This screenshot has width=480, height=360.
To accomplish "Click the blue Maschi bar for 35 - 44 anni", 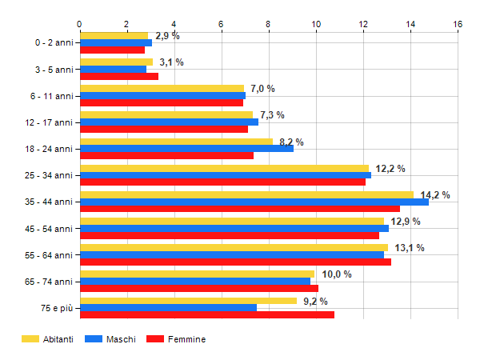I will pos(254,202).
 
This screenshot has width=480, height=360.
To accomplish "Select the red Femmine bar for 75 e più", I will pos(207,314).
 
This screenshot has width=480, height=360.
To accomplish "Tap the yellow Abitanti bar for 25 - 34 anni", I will pos(224,168).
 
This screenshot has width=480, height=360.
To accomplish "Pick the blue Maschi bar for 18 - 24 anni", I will pos(186,148).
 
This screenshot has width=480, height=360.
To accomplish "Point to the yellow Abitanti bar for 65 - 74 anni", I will pos(198,274).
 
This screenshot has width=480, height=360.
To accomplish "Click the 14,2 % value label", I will pos(435,194).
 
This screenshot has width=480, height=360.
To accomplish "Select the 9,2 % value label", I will pos(315,301).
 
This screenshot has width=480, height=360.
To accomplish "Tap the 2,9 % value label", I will pos(167,36).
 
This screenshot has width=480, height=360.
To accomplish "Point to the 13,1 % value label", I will pos(410,247).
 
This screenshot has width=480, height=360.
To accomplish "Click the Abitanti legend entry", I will pos(48,339).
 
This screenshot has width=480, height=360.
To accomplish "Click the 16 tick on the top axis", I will pos(458,25).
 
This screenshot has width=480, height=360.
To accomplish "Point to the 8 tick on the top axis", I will pos(269,25).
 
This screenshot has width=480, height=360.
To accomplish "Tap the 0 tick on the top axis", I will pos(80,25).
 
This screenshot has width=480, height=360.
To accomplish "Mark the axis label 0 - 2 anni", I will pos(50,43).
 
